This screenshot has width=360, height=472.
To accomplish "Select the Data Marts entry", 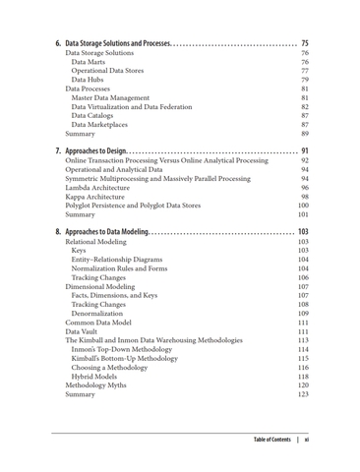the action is click(90, 63).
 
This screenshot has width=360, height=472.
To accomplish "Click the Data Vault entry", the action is click(86, 331).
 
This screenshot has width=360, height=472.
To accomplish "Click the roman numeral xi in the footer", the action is click(308, 439).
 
